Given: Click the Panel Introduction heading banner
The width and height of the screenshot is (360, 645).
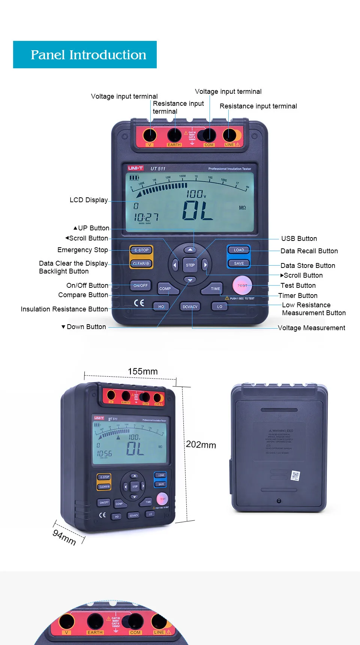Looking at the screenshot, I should (x=85, y=55).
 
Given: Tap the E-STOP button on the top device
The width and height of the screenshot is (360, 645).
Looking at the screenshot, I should (x=141, y=250).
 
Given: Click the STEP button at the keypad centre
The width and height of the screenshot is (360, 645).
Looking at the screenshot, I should (x=190, y=265).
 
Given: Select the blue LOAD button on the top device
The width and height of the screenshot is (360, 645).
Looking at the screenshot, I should (x=239, y=250).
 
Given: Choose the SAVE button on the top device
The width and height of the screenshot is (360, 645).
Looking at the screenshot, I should (x=239, y=263).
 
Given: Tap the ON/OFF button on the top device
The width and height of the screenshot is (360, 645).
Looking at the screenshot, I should (x=141, y=286).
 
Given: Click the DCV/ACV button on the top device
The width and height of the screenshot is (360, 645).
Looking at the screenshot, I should (x=190, y=307).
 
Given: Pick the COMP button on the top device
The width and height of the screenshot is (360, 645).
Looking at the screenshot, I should (x=165, y=289).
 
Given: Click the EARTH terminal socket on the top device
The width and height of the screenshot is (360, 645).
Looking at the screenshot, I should (x=174, y=135).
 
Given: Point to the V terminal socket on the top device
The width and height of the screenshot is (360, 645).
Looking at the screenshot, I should (x=150, y=135).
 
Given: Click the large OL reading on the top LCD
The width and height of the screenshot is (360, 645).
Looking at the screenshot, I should (x=198, y=210).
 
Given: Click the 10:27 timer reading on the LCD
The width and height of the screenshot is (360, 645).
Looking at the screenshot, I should (x=146, y=217).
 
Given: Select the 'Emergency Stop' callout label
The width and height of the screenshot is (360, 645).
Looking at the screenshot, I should (x=82, y=250).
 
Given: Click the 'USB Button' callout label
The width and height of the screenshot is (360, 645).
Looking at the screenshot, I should (x=299, y=239).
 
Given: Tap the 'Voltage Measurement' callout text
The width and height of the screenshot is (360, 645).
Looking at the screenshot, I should (x=311, y=328).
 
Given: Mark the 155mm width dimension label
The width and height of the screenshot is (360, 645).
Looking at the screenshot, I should (x=142, y=371).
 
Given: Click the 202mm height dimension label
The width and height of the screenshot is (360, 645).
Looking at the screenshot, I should (x=201, y=445).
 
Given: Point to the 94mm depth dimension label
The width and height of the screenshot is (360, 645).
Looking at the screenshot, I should (x=64, y=537).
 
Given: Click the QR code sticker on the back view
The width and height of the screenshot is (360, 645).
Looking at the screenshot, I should (x=295, y=476).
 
